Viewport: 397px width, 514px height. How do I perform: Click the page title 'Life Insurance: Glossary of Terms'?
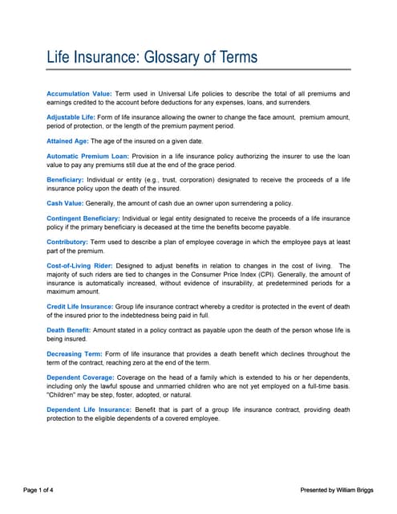[x=152, y=57]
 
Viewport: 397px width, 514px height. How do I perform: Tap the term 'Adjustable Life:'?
[x=72, y=117]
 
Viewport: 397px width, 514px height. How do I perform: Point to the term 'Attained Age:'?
[x=68, y=141]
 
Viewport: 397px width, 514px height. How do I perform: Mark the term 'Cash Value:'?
[x=66, y=203]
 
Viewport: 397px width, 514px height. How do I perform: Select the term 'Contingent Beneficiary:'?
[x=83, y=218]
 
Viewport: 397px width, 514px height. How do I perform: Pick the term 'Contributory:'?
[x=67, y=242]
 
